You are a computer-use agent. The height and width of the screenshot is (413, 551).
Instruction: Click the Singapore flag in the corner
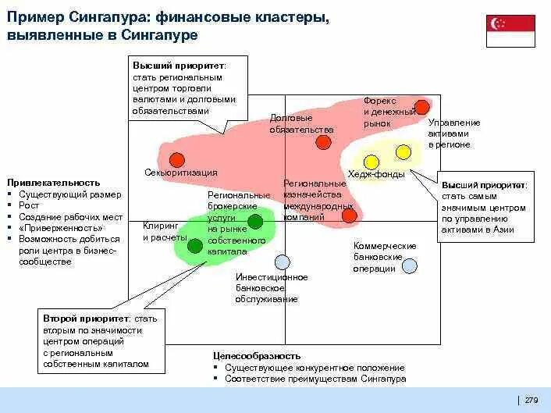[x=510, y=31]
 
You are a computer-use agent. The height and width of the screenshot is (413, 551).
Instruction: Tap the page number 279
[x=531, y=400]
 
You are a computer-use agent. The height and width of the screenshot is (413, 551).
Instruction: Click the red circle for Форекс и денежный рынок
[x=421, y=107]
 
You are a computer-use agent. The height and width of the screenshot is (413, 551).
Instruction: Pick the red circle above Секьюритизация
[x=177, y=158]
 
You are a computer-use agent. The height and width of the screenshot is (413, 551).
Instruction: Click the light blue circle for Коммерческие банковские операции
[x=409, y=265]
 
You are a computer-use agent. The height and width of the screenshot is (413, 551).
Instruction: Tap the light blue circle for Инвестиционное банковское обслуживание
[x=283, y=262]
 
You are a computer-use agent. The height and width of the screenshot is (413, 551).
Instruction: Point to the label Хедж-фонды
[x=376, y=175]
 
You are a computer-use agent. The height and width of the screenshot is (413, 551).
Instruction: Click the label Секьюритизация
[x=181, y=173]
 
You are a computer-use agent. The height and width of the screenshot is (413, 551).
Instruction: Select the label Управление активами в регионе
[x=453, y=134]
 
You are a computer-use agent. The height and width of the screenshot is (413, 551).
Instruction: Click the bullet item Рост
[x=29, y=205]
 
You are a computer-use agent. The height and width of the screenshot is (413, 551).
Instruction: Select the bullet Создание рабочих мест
[x=70, y=216]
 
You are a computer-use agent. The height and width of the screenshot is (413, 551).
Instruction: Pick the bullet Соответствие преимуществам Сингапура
[x=315, y=379]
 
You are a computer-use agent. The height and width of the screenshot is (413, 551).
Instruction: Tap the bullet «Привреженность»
[x=55, y=228]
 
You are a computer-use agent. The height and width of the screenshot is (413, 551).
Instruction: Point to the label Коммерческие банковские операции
[x=384, y=257]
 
